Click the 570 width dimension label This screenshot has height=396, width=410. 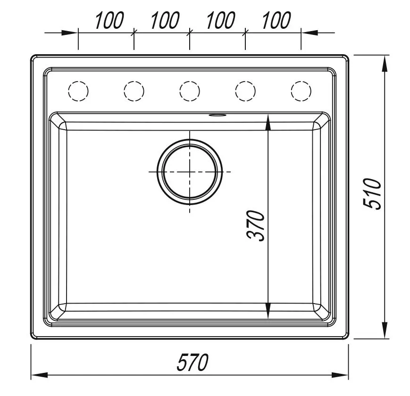click(x=192, y=363)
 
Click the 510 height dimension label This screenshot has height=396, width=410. click(x=372, y=194)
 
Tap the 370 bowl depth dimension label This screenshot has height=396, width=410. click(x=256, y=225)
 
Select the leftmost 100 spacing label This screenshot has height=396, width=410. click(x=109, y=20)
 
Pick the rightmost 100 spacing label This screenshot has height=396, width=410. click(x=276, y=20)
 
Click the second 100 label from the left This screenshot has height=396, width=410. click(x=165, y=20)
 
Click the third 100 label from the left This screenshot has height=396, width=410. click(x=221, y=20)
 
